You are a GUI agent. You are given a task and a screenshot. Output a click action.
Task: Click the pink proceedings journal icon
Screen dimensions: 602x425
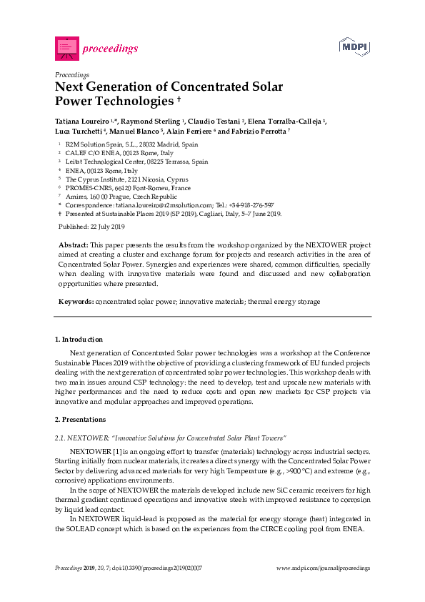pyautogui.click(x=66, y=49)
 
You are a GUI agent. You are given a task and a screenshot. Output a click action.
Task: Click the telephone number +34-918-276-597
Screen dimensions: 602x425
pyautogui.click(x=251, y=204)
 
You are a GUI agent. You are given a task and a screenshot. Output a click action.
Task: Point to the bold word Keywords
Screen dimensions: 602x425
pyautogui.click(x=75, y=302)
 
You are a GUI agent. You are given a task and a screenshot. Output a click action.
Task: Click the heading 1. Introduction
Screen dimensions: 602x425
pyautogui.click(x=79, y=339)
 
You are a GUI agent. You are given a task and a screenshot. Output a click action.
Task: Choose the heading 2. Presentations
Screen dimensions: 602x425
pyautogui.click(x=80, y=419)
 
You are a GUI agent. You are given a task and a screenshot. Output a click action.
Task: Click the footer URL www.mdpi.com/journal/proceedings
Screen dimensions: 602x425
pyautogui.click(x=323, y=568)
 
